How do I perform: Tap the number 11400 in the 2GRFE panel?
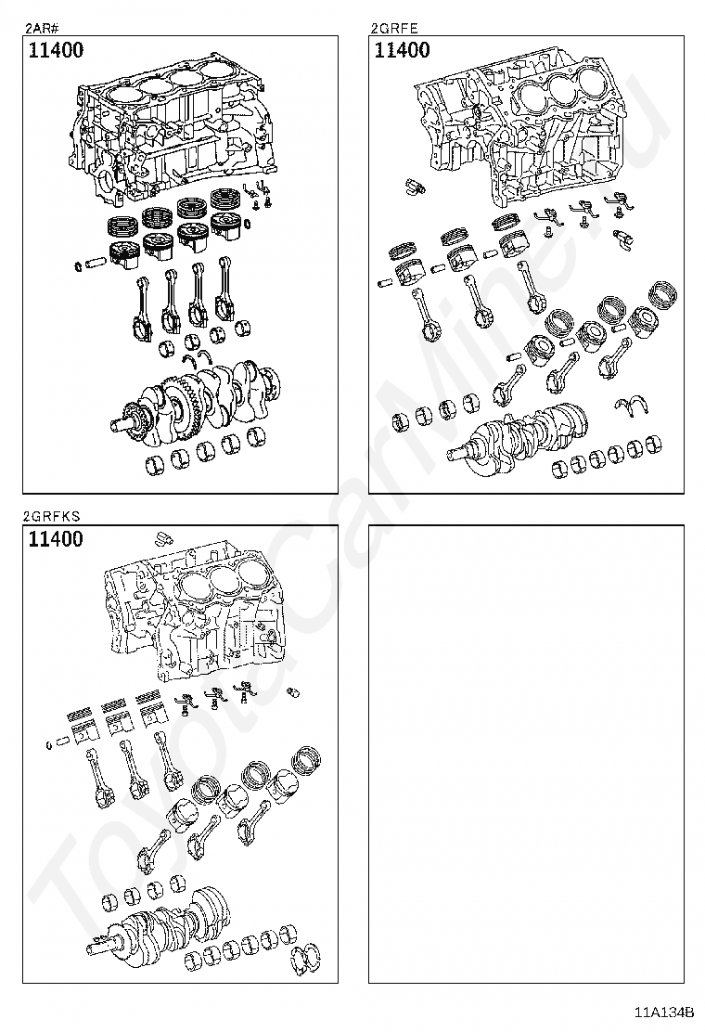(402, 51)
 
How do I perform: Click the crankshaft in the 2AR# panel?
(199, 394)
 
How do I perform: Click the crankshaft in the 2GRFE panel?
(524, 432)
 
